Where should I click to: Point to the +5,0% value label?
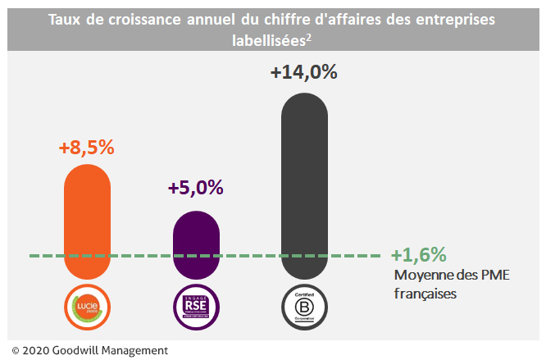[196, 187]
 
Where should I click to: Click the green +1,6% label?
[419, 254]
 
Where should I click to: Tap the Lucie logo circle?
[87, 307]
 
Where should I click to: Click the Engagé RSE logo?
[197, 307]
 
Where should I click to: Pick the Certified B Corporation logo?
[303, 307]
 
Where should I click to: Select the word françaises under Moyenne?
[425, 292]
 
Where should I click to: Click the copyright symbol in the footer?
[15, 350]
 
